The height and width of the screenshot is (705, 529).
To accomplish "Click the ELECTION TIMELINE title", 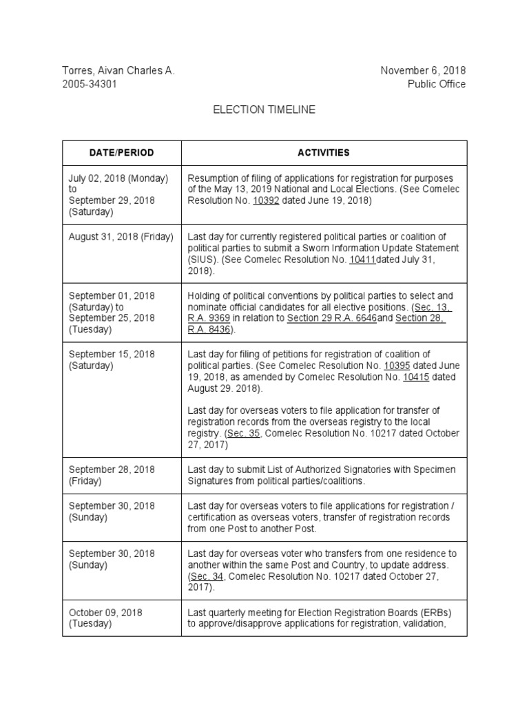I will [x=264, y=110].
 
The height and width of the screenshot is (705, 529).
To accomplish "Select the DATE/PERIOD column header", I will [x=121, y=153].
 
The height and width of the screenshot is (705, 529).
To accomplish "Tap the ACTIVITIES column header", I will [x=324, y=153].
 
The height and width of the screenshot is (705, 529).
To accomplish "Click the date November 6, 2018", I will [x=423, y=71].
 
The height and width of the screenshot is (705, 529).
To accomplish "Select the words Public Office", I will [x=436, y=84].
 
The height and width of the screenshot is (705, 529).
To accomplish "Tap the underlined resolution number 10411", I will [x=363, y=260].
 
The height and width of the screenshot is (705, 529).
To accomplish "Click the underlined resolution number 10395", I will [x=397, y=366].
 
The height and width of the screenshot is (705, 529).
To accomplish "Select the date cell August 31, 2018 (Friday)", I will [x=121, y=237].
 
